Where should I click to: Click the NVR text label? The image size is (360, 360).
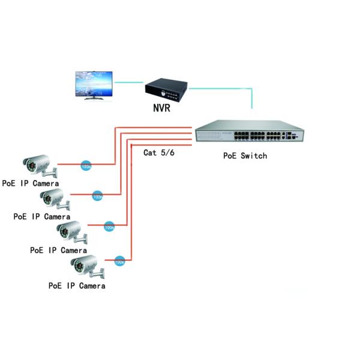click(x=164, y=109)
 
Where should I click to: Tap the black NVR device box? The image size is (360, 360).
click(x=166, y=91)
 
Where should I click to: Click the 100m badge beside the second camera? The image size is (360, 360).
click(x=98, y=196)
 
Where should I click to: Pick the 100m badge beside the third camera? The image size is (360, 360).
click(x=109, y=227)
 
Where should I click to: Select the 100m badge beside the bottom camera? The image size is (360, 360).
click(x=119, y=261)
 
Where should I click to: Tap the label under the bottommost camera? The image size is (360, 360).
click(x=77, y=286)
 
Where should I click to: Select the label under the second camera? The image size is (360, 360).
click(x=42, y=216)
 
